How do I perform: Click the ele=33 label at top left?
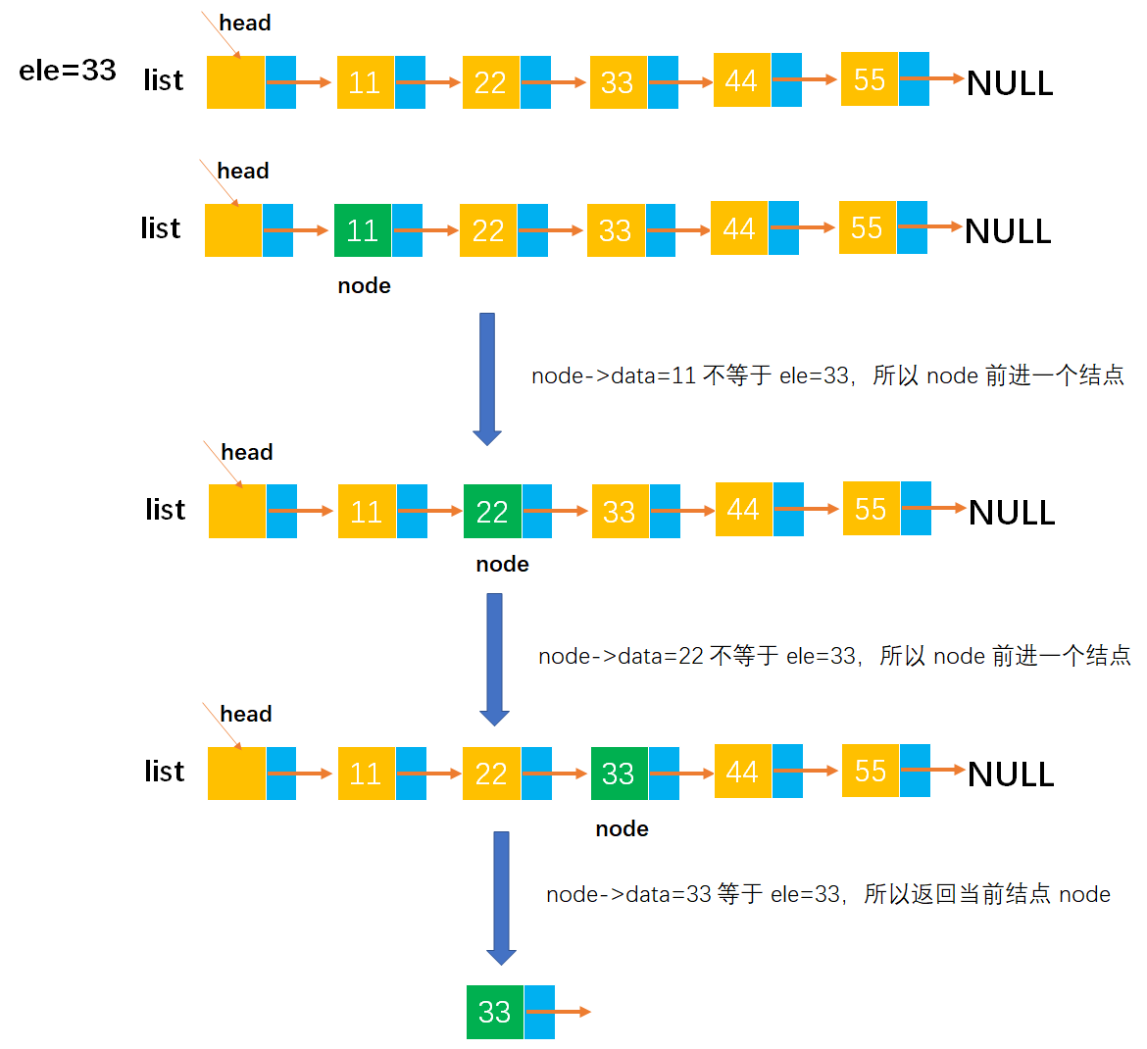68,71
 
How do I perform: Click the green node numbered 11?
363,230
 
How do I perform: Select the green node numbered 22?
492,511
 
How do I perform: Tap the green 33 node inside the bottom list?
619,774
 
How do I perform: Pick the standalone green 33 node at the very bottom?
495,1012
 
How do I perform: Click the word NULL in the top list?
1010,83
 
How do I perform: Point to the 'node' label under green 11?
364,285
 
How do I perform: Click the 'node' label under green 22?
502,564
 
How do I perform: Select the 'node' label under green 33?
622,828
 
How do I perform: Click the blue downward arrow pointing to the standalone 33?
501,897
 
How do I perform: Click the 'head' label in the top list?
245,23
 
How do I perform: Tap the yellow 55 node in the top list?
870,79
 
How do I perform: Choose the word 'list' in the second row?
161,228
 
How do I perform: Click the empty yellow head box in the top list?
235,82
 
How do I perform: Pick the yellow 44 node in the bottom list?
742,772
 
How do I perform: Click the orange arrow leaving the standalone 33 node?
571,1012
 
